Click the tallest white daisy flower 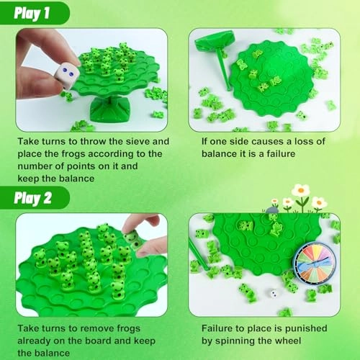click(301, 192)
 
